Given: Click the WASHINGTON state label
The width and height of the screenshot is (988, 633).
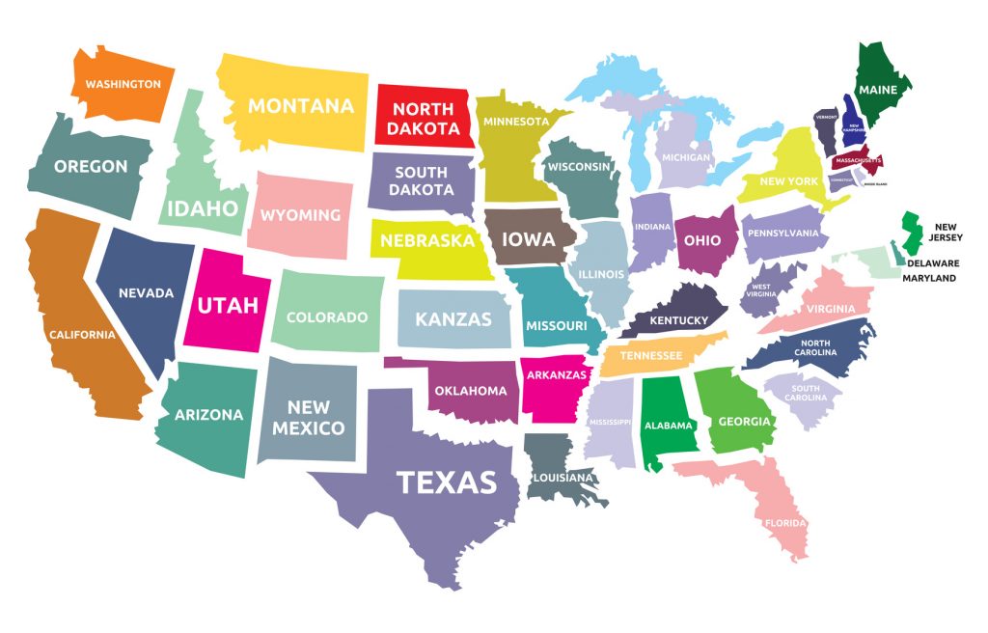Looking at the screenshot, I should point(123,84).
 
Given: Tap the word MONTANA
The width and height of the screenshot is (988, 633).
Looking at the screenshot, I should point(301,106).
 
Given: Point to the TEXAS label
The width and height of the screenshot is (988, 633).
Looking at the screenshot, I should point(447,482).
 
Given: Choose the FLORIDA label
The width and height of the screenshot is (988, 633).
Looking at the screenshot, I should point(784,523).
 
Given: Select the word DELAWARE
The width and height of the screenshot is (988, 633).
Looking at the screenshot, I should point(932,262).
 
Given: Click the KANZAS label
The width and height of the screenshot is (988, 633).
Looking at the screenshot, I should point(453,319).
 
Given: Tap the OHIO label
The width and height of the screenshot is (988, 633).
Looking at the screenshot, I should point(702,240).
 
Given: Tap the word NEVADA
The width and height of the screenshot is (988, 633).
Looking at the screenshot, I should point(146,292).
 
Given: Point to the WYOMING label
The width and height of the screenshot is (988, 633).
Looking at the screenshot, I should point(300,215).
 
